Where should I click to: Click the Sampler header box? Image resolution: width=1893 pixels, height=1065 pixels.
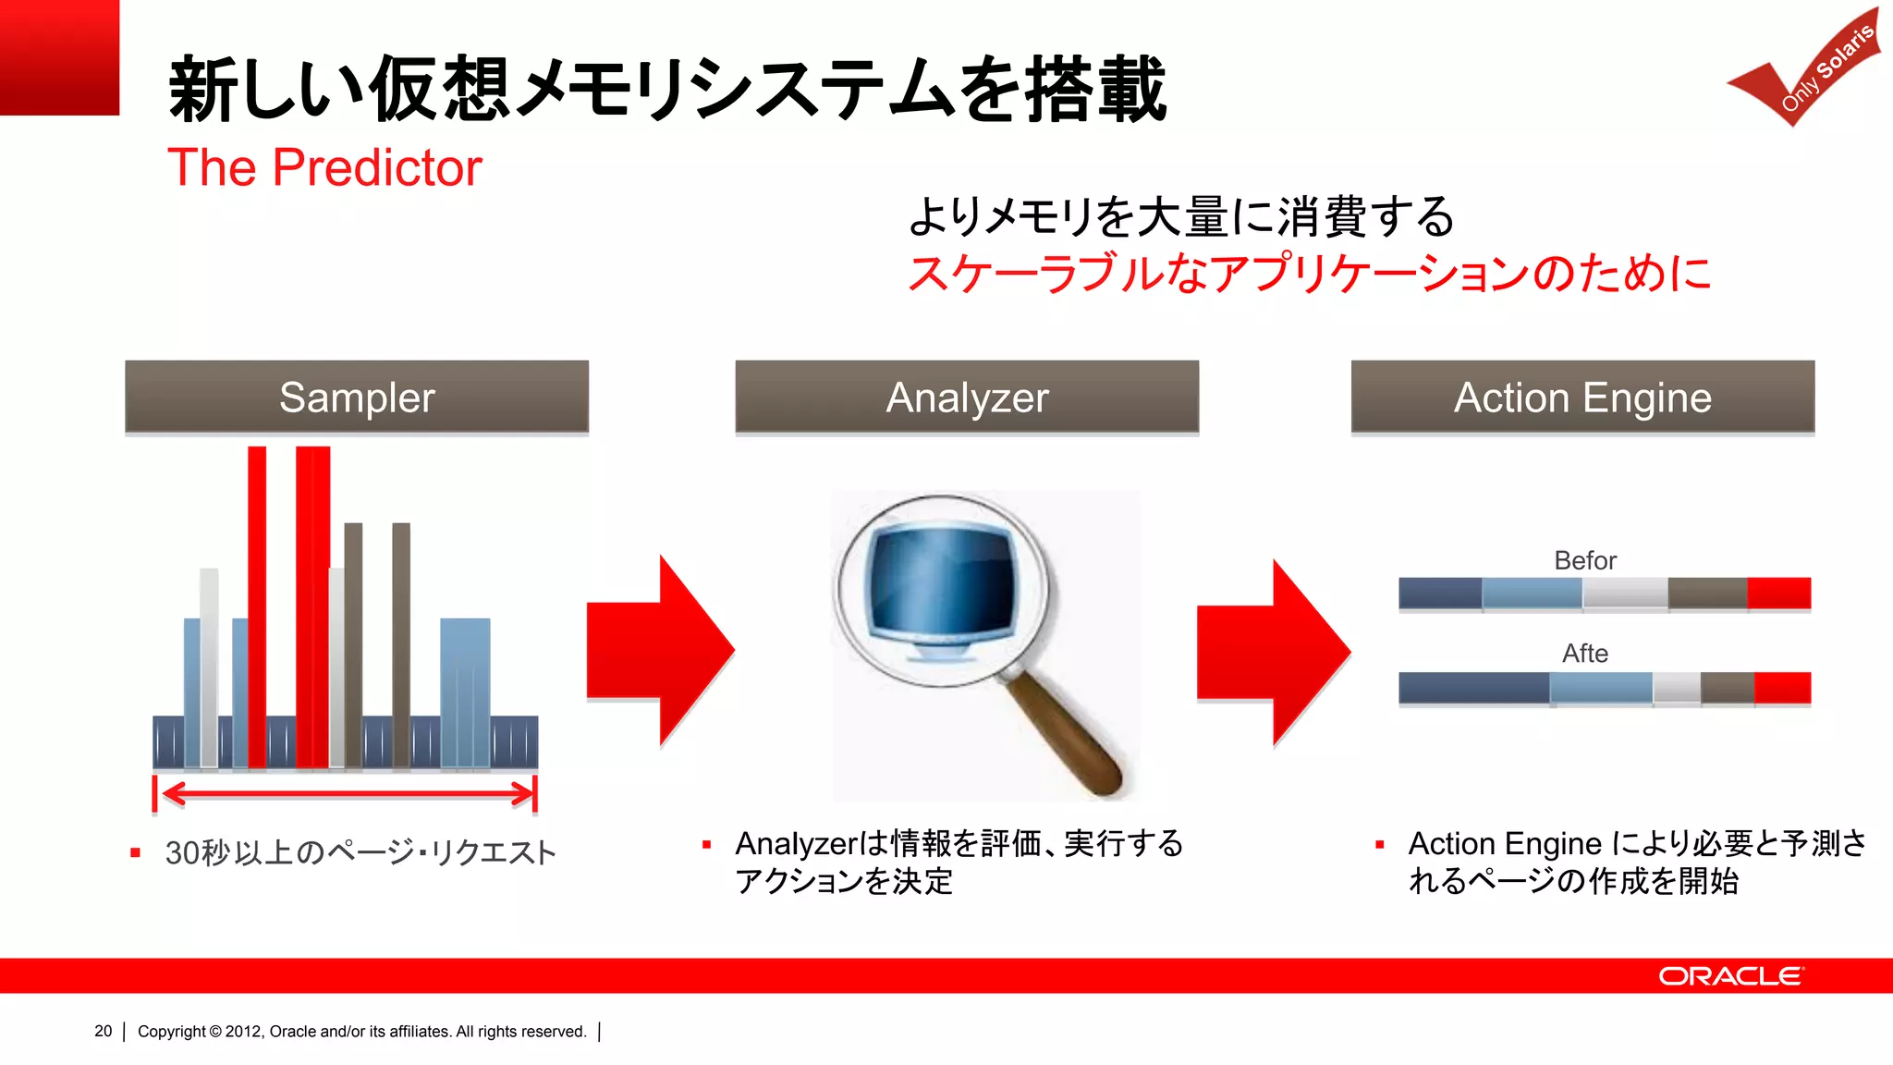coord(357,398)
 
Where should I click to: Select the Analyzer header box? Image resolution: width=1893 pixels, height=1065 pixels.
coord(967,398)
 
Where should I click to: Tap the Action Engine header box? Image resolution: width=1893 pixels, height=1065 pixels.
coord(1582,398)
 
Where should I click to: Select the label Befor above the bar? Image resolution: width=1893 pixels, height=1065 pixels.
coord(1584,560)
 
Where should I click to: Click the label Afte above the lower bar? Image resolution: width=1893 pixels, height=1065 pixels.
coord(1584,653)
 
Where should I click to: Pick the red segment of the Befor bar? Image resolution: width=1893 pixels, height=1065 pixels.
coord(1778,593)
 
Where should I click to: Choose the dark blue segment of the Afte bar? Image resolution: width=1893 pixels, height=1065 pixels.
coord(1473,688)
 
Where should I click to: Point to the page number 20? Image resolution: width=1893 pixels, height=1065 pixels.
coord(103,1031)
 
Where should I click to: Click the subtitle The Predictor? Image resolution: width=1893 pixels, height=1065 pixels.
coord(324,168)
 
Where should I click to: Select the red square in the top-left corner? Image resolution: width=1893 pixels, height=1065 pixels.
coord(59,57)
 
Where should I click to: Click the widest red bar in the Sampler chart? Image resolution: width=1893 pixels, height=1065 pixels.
coord(312,606)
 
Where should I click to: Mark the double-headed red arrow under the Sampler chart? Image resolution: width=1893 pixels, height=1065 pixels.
coord(345,793)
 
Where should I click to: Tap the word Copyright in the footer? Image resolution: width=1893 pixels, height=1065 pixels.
coord(171,1031)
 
